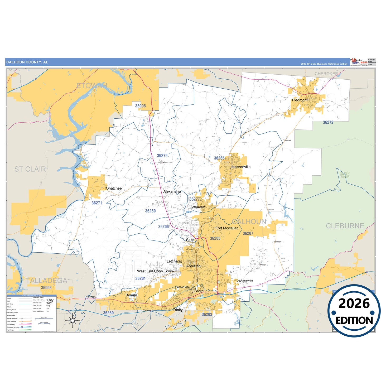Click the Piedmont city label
coord(300,100)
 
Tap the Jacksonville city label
coord(240,167)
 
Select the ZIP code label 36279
coord(162,156)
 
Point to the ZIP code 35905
coord(140,106)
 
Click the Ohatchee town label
coord(114,188)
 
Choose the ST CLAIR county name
coord(30,169)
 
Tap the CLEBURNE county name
coord(345,226)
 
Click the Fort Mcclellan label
coord(227,228)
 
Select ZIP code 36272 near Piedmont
coord(328,122)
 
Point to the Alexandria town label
coord(172,192)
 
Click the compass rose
coord(73,321)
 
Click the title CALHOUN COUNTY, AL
coord(27,62)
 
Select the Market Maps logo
coord(359,62)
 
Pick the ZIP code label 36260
coord(108,313)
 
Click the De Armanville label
coord(245,281)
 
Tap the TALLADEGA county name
coord(46,281)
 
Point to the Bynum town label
coord(131,295)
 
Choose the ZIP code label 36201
coord(140,278)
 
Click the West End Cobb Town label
coord(155,271)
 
